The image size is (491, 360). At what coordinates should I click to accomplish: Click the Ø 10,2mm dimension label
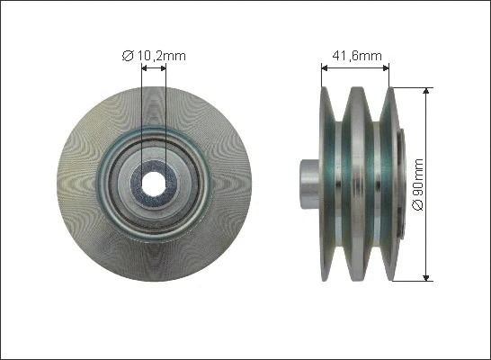coord(154,56)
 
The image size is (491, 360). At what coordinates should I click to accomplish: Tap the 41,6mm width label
coord(356,56)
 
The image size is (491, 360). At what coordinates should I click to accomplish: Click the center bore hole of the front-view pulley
coord(154,184)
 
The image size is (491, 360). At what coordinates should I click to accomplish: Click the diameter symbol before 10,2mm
coord(127,56)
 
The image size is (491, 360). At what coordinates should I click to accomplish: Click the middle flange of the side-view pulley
coord(361,184)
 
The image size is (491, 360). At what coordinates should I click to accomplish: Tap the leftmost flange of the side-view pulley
coord(326,184)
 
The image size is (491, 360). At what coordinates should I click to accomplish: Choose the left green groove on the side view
coord(343,184)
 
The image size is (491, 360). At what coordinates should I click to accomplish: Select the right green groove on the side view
coord(379,184)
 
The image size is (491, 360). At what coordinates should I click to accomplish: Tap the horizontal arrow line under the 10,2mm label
coord(154,68)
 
